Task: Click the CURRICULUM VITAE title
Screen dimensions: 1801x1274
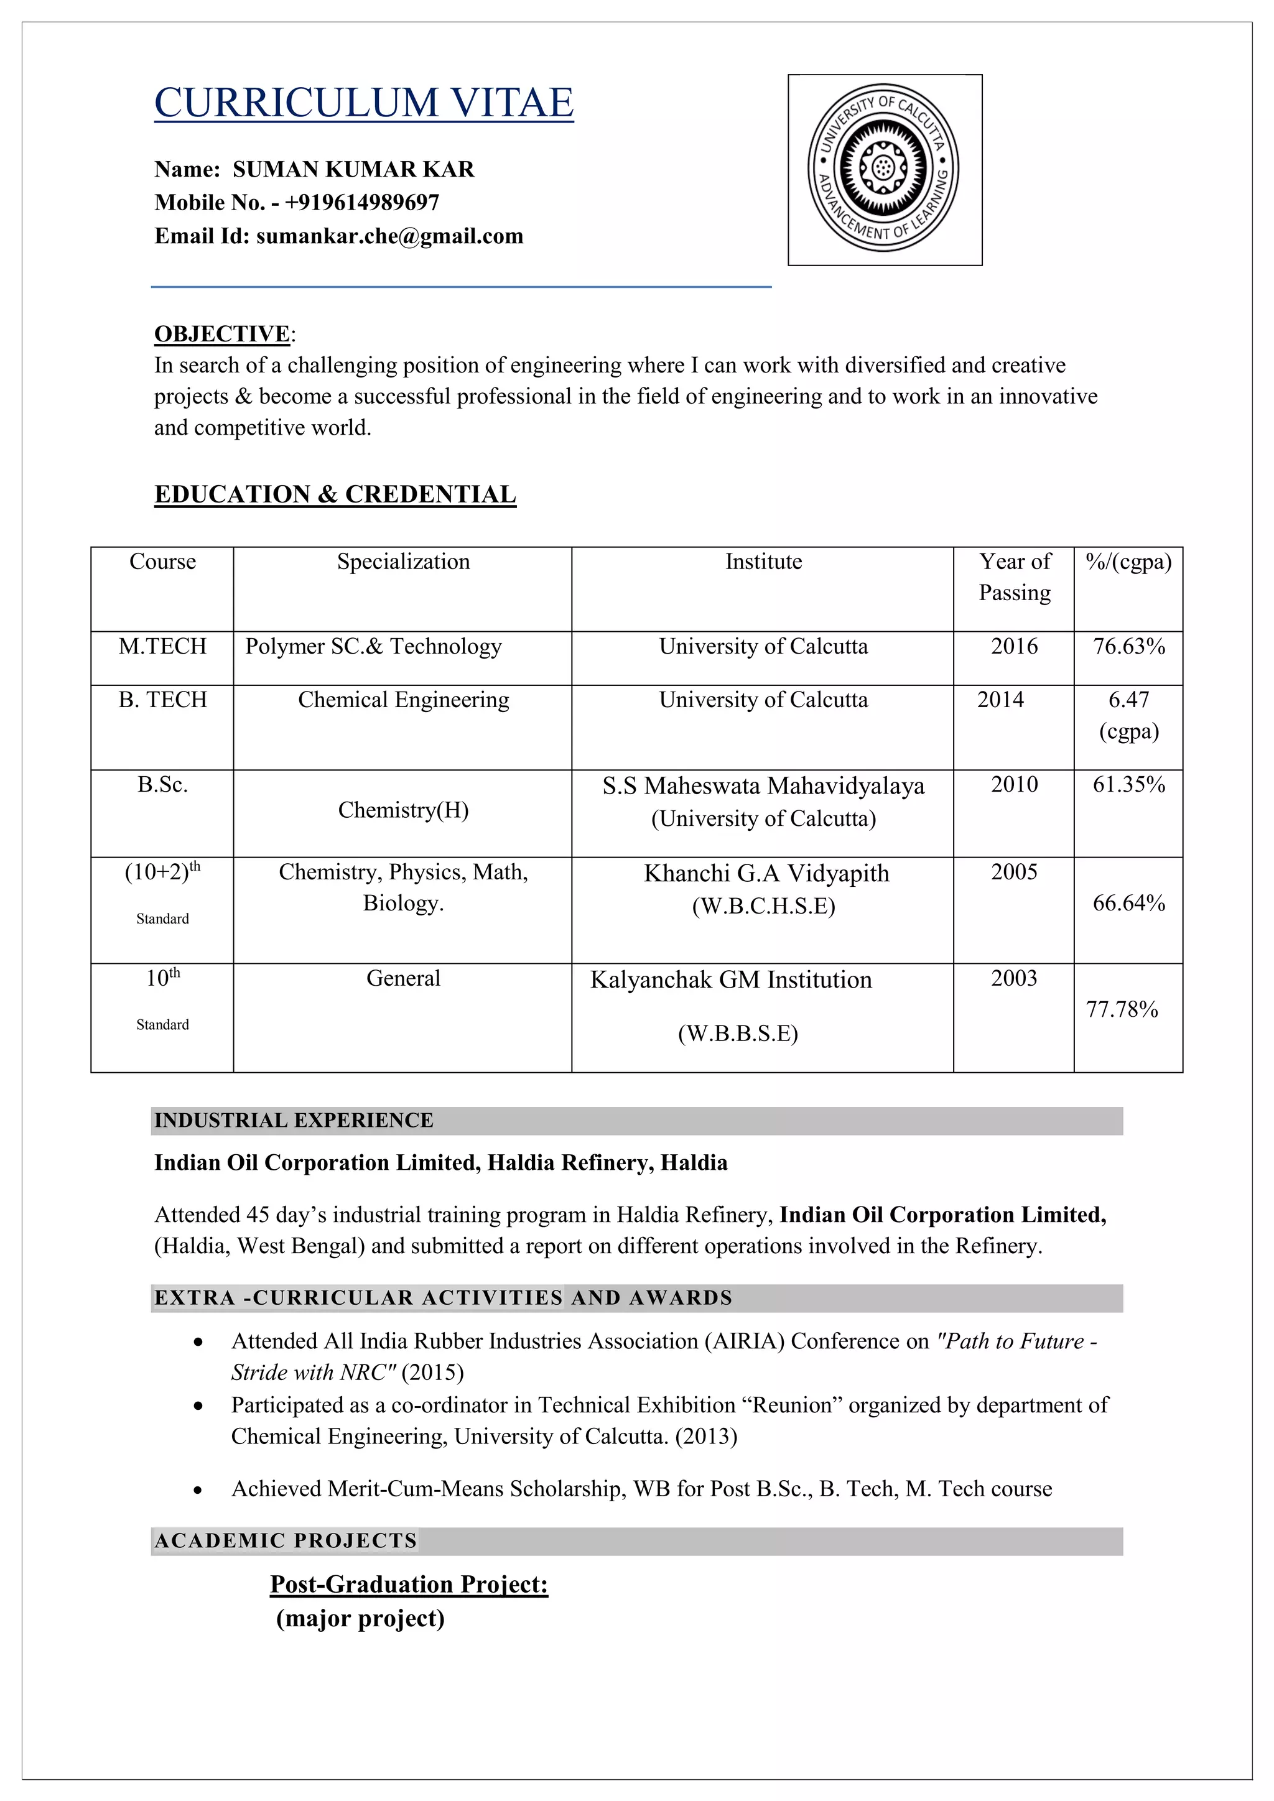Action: click(363, 103)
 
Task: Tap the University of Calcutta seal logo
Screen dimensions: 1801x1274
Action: click(883, 168)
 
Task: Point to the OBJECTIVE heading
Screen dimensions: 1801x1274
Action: click(222, 334)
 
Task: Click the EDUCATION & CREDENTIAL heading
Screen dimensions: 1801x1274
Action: click(335, 494)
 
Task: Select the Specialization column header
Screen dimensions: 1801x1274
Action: click(403, 562)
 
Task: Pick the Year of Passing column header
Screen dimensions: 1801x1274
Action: click(1015, 576)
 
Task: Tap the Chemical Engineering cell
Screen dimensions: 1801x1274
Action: click(403, 700)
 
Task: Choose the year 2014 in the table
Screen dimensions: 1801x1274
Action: click(1000, 700)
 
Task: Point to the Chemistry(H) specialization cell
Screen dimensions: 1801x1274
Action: click(403, 810)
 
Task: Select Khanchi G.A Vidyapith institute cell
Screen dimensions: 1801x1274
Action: click(766, 874)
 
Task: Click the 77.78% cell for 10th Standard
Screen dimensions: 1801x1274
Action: click(1121, 1009)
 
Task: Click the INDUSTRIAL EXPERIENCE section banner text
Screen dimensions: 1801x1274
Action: click(294, 1120)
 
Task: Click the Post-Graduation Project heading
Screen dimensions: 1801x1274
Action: click(409, 1584)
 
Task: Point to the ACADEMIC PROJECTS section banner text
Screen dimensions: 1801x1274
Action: click(286, 1540)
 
